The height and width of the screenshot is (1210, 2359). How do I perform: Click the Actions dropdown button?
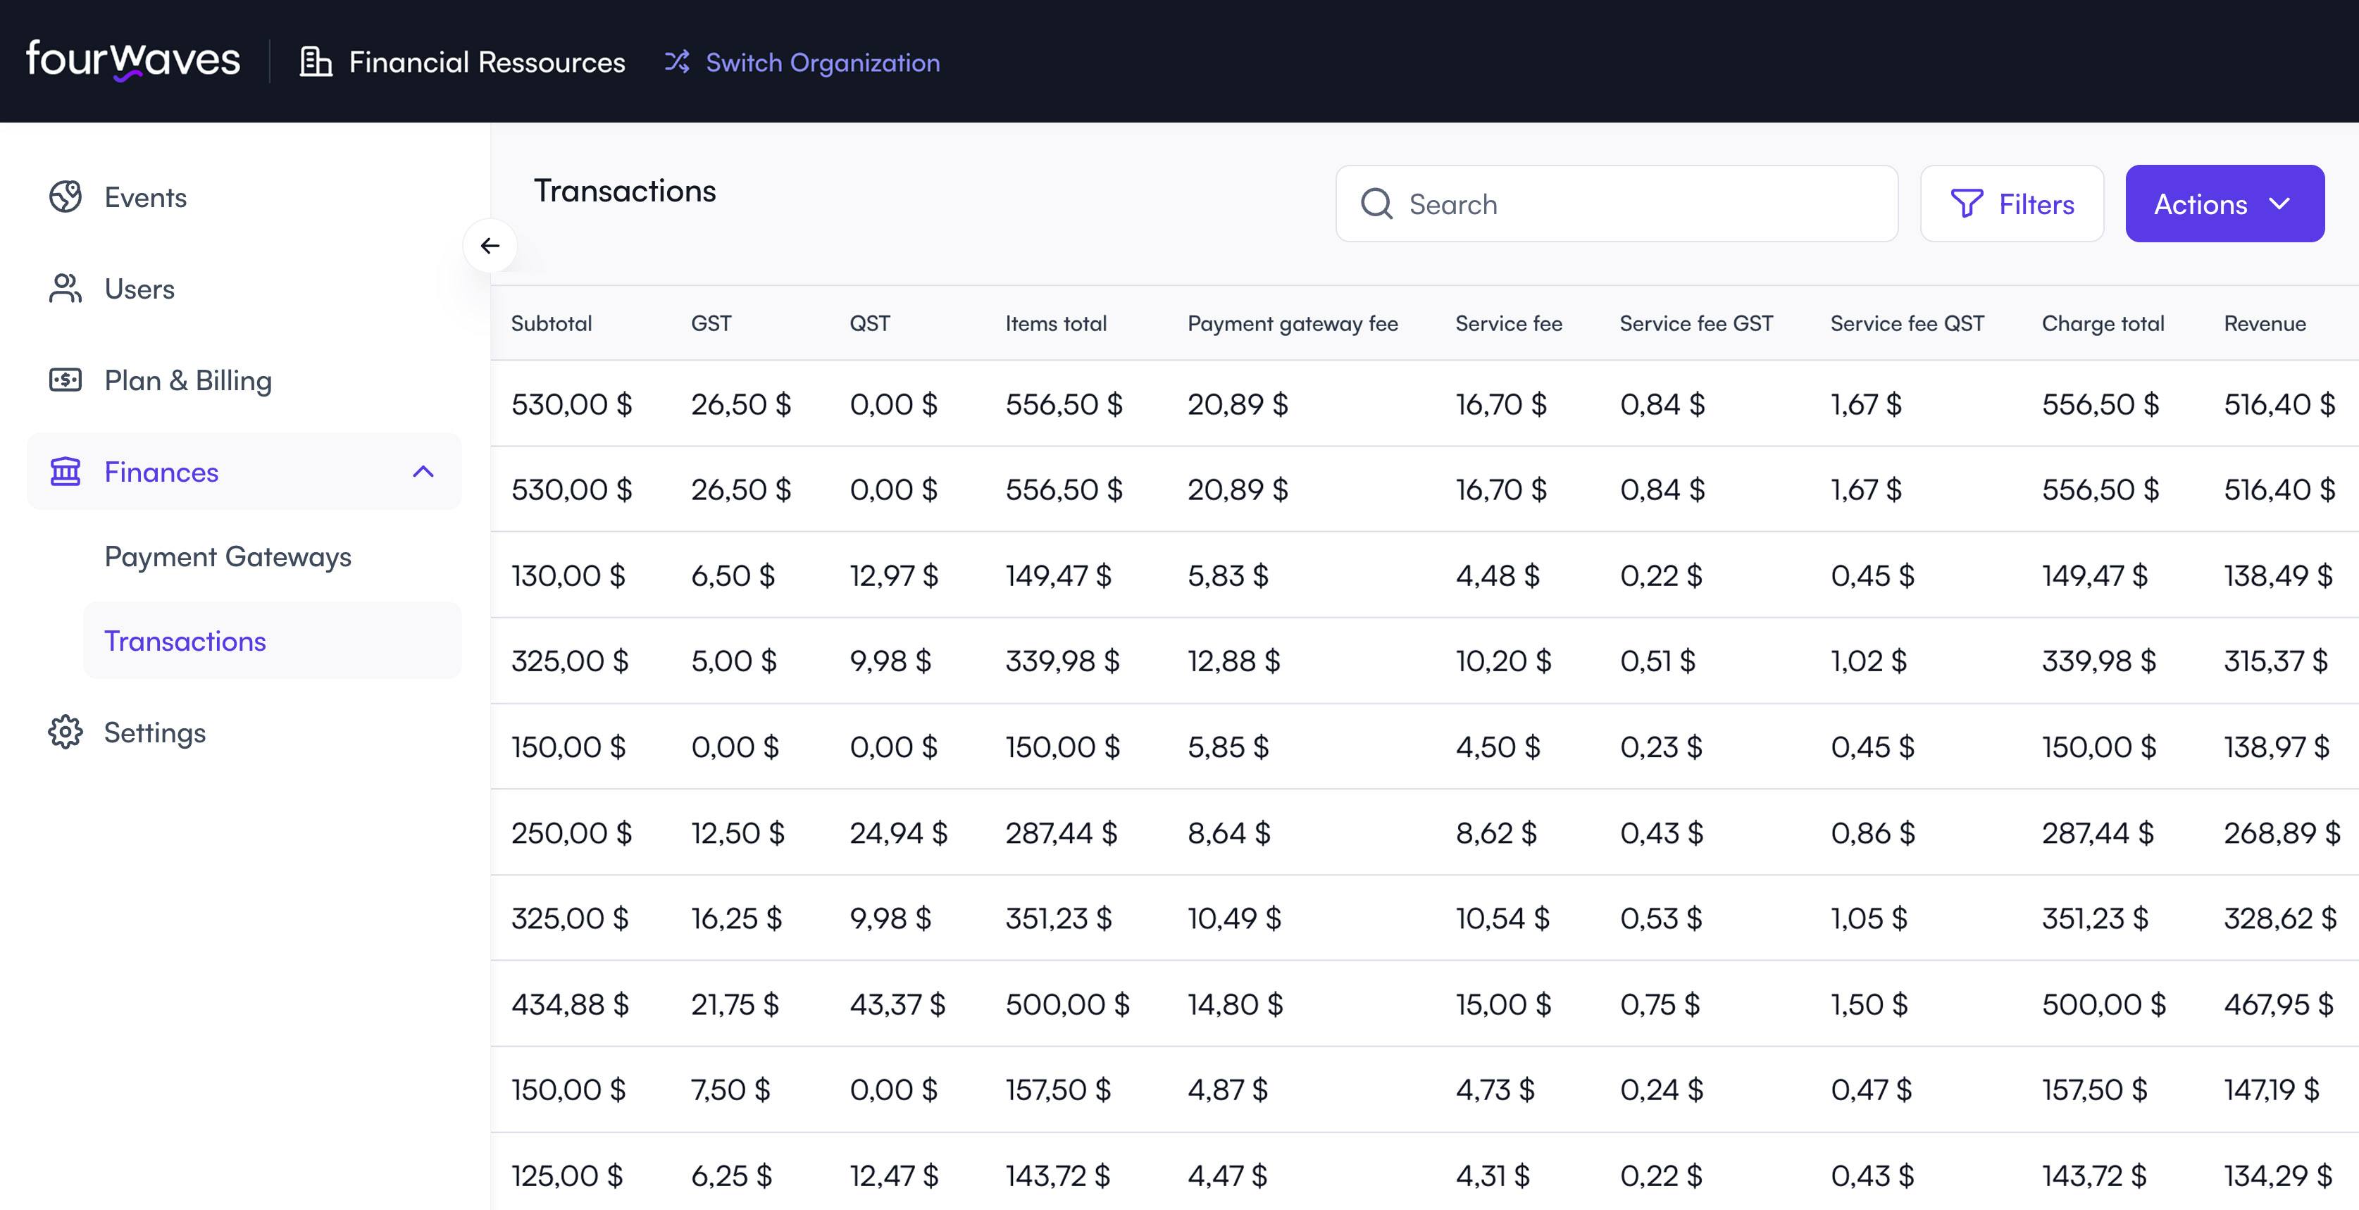tap(2224, 204)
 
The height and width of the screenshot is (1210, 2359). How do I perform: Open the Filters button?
tap(2011, 204)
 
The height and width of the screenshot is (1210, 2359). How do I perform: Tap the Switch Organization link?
tap(802, 62)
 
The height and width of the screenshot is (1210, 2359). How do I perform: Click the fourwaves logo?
tap(133, 61)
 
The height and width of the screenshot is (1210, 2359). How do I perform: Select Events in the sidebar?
tap(144, 197)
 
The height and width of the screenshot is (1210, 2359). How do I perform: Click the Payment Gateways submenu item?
tap(227, 557)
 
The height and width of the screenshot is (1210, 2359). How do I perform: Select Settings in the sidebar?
tap(154, 732)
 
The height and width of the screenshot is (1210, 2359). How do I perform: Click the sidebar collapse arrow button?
tap(490, 246)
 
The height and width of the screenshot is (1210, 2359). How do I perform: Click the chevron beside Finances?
tap(423, 472)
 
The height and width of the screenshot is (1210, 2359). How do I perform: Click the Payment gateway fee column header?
tap(1292, 323)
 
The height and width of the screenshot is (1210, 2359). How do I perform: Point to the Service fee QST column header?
tap(1907, 323)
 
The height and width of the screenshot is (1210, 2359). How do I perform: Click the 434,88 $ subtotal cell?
tap(570, 1004)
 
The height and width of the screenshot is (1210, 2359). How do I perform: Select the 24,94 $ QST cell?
tap(897, 832)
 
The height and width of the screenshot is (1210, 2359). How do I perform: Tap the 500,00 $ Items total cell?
tap(1067, 1004)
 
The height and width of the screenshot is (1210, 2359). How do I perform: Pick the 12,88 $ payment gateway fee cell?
tap(1233, 661)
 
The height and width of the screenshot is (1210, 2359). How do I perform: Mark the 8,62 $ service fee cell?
tap(1495, 832)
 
